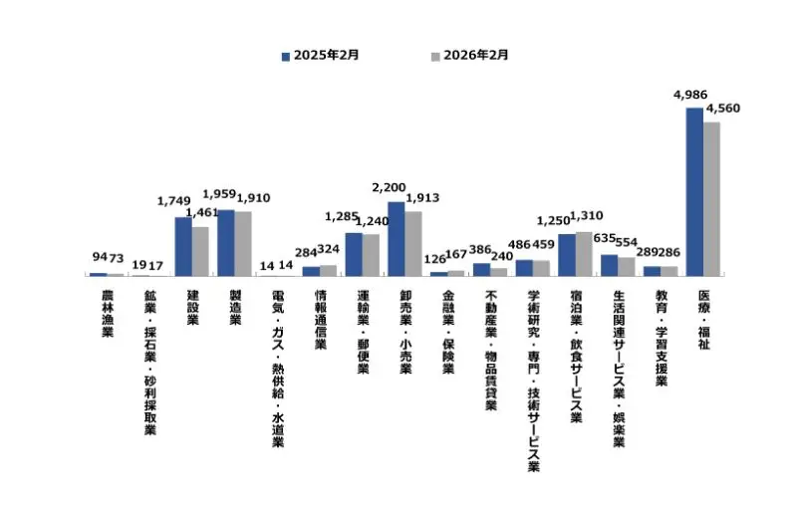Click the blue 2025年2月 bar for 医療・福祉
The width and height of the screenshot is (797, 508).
coord(694,190)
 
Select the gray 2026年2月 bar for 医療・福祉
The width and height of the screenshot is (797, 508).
coord(711,197)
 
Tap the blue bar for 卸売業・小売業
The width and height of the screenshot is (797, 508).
coord(396,238)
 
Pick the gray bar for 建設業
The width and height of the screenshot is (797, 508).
coord(200,250)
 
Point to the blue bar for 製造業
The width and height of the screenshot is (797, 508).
coord(226,242)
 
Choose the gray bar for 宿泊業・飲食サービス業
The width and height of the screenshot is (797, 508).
coord(584,253)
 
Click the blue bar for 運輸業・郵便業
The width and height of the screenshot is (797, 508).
coord(354,253)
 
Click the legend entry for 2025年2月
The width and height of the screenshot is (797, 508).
coord(320,56)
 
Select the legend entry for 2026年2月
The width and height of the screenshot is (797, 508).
coord(468,56)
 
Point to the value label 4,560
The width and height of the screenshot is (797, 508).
coord(722,109)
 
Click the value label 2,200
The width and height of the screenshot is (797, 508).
coord(389,186)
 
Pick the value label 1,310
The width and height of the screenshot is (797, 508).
coord(587,217)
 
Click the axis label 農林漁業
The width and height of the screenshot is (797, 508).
coord(107,314)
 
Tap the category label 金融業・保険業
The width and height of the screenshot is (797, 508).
coord(448,332)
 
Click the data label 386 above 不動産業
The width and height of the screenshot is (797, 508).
coord(482,250)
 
